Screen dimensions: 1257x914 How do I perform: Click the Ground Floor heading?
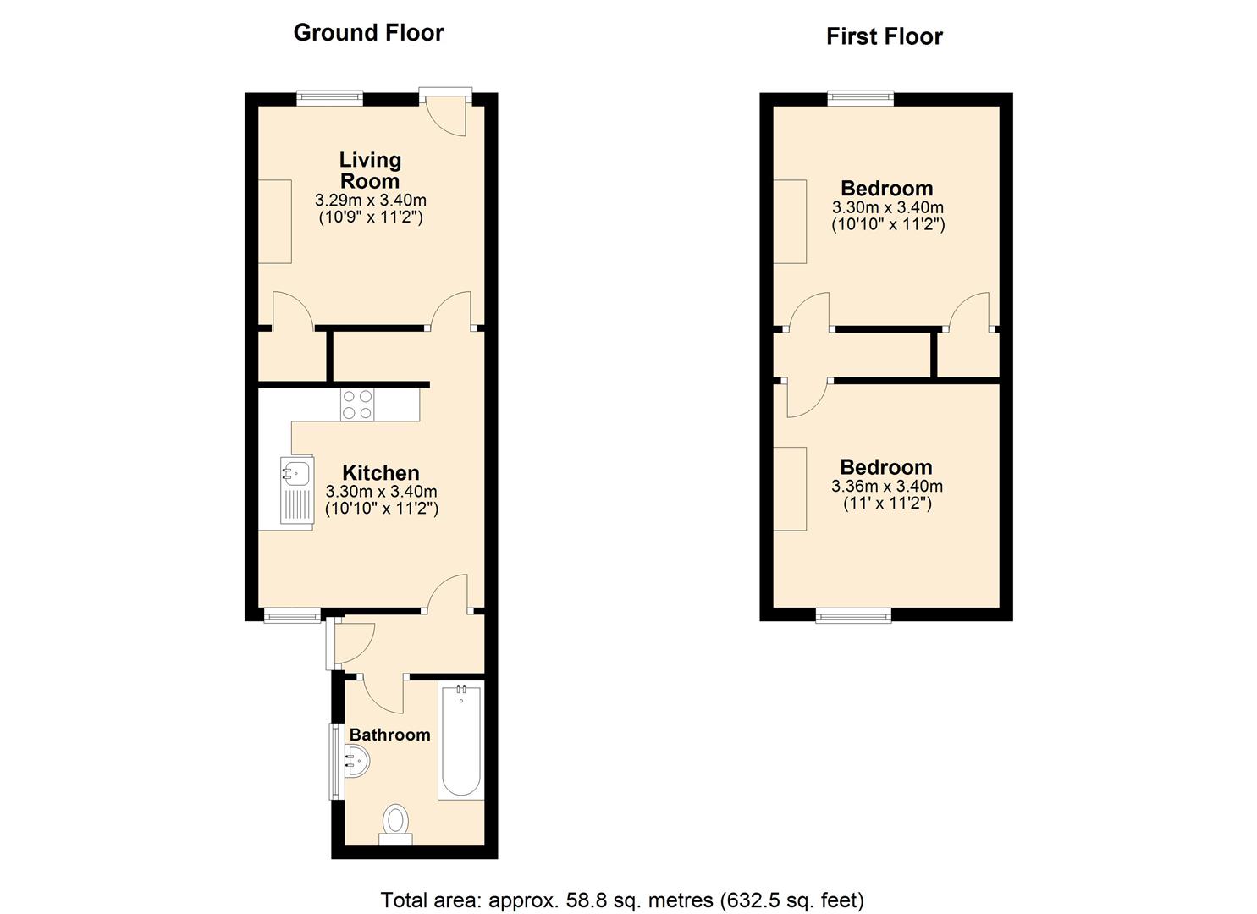(x=369, y=33)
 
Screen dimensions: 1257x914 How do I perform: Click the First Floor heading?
(x=885, y=37)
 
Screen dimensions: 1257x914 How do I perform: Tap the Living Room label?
(x=370, y=171)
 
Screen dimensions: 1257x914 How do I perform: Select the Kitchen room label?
(x=380, y=472)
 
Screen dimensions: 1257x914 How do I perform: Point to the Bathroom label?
(x=389, y=735)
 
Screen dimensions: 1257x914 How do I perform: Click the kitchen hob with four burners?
(x=357, y=405)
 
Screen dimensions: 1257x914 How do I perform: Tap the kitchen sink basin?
(x=295, y=471)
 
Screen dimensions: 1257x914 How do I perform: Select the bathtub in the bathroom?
(x=460, y=740)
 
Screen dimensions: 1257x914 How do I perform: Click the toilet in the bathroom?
(x=395, y=825)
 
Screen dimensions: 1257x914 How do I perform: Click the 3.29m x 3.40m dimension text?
(x=371, y=201)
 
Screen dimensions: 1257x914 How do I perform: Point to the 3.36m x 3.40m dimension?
(x=886, y=486)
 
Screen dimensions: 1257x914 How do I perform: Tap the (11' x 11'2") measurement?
(x=887, y=504)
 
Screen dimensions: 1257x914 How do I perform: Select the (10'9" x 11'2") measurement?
(x=371, y=217)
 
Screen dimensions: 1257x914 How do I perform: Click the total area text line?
(x=622, y=900)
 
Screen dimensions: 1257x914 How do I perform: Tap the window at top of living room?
(x=330, y=97)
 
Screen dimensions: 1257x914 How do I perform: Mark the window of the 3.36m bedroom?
(x=853, y=615)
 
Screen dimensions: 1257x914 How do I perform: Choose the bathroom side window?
(x=335, y=762)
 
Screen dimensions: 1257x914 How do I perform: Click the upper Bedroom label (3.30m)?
(x=886, y=188)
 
